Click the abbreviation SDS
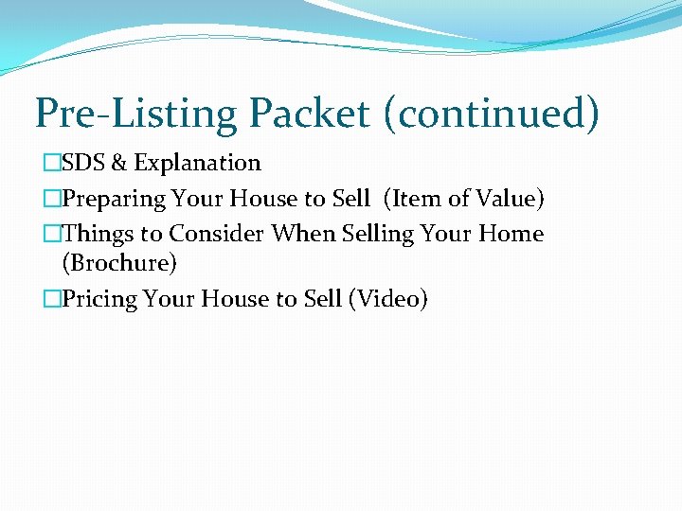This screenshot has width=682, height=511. click(x=83, y=163)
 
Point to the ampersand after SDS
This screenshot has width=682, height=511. click(x=119, y=163)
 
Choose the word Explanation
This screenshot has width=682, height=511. click(x=197, y=163)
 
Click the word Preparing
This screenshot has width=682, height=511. click(x=115, y=199)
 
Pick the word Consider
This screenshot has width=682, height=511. click(x=216, y=234)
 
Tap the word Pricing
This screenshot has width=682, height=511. click(x=101, y=299)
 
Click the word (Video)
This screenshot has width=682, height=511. click(x=388, y=299)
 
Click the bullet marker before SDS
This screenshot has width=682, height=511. click(x=51, y=163)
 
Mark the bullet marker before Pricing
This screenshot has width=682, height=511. click(x=51, y=299)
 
